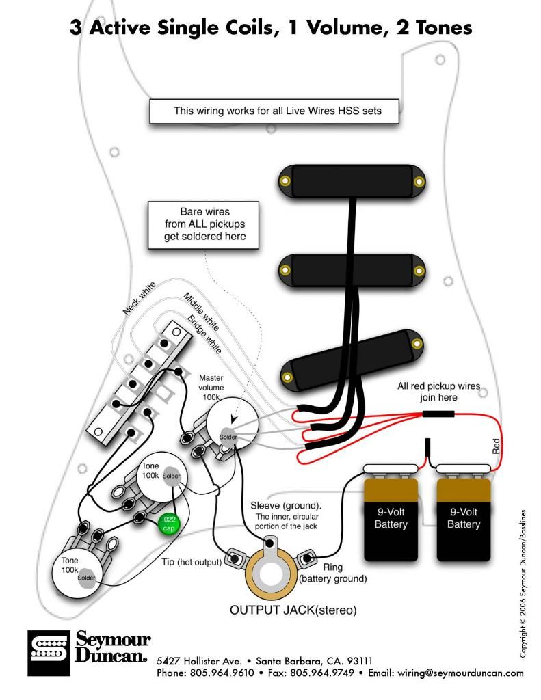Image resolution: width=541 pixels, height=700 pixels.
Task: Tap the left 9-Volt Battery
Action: point(391,517)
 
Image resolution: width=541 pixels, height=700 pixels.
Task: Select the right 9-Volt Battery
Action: point(464,517)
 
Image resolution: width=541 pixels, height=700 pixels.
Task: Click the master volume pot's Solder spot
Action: point(228,437)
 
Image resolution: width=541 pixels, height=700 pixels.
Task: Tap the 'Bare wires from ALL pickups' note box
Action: point(204,224)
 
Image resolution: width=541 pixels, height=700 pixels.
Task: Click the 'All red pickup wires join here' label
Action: point(438,392)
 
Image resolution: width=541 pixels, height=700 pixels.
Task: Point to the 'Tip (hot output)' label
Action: point(192,562)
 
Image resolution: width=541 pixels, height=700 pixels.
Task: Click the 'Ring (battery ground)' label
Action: point(332,573)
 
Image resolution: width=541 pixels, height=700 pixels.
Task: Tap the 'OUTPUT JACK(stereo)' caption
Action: point(293,610)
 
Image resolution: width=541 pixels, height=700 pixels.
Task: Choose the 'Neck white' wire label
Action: point(140,297)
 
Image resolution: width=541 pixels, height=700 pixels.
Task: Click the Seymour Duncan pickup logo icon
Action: point(49,653)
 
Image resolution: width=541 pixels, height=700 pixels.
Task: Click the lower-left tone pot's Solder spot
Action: point(86,578)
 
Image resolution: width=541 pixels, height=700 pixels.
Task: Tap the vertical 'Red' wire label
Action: point(496,447)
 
